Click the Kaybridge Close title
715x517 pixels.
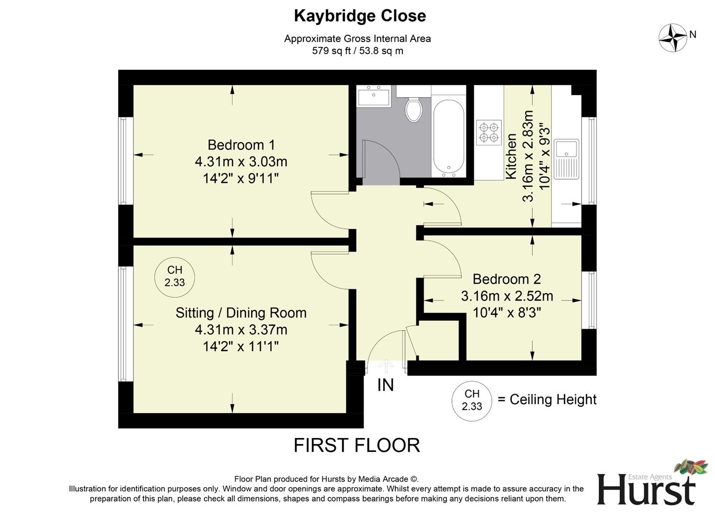pyautogui.click(x=360, y=16)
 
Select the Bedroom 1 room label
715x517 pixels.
pyautogui.click(x=242, y=145)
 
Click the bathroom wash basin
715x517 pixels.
pyautogui.click(x=374, y=97)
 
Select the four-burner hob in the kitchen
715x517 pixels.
pyautogui.click(x=489, y=133)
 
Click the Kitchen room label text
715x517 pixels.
pyautogui.click(x=511, y=157)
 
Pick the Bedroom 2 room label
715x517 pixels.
pyautogui.click(x=506, y=279)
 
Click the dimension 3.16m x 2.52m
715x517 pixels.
pyautogui.click(x=506, y=296)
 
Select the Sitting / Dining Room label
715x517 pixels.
pyautogui.click(x=241, y=313)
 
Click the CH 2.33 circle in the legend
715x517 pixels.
pyautogui.click(x=472, y=400)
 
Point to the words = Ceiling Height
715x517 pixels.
pyautogui.click(x=547, y=400)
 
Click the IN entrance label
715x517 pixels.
pyautogui.click(x=385, y=385)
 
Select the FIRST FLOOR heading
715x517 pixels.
pyautogui.click(x=357, y=446)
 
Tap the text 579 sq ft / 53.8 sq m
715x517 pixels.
pyautogui.click(x=358, y=51)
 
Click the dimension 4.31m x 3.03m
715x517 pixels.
pyautogui.click(x=241, y=162)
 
